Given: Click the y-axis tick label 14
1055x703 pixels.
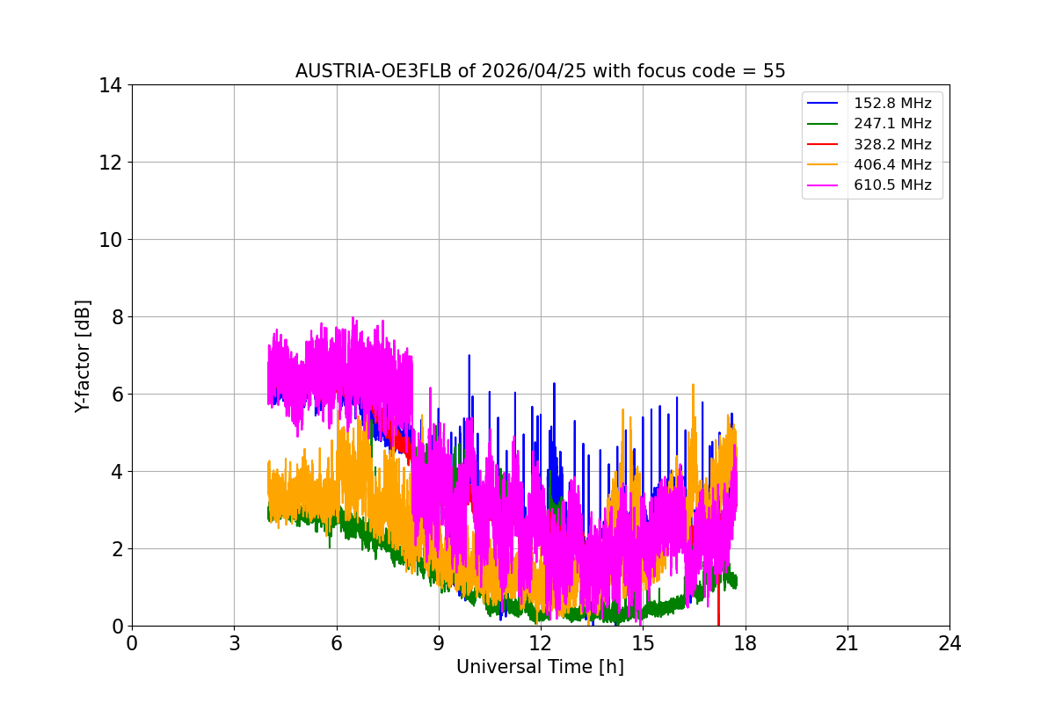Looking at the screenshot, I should tap(110, 85).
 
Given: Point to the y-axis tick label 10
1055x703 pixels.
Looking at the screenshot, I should tap(110, 240).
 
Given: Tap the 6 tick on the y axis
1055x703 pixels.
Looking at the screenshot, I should tap(115, 395).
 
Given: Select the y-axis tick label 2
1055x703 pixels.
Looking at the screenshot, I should tap(115, 549).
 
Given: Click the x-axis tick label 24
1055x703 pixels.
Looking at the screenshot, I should tap(949, 643).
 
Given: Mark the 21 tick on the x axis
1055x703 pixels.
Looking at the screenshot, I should tap(847, 643).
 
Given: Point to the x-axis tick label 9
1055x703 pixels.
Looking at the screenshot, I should tap(439, 643).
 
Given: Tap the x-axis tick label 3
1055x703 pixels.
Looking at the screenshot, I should tap(234, 643).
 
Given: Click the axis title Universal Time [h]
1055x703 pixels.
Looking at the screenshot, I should tap(540, 668).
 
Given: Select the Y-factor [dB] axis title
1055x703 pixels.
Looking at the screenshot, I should tap(83, 355).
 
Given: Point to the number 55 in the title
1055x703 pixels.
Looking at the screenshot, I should tap(774, 71).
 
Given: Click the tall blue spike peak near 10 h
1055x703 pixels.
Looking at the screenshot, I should tap(469, 356).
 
